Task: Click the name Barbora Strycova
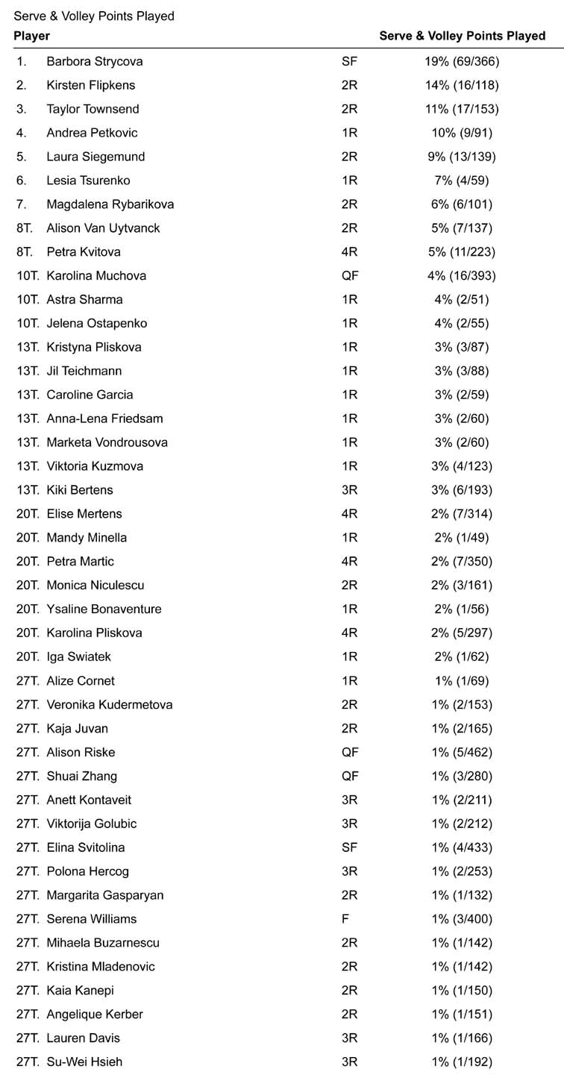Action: point(94,61)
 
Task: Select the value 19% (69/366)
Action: point(462,61)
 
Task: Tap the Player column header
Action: point(32,36)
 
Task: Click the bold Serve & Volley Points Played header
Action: point(462,36)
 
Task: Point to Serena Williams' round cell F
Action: point(345,919)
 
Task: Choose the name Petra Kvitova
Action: point(83,251)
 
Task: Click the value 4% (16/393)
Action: point(462,275)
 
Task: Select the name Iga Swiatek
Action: point(78,656)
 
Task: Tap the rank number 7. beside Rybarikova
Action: point(22,204)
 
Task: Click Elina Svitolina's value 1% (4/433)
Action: point(462,847)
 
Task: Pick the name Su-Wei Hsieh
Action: point(84,1062)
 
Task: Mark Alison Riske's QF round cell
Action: point(350,752)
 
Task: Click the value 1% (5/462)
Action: point(462,752)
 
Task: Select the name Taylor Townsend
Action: point(93,109)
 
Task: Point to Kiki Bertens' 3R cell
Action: point(349,490)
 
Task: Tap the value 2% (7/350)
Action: point(462,561)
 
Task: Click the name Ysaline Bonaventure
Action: point(104,609)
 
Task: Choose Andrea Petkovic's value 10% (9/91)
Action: point(462,133)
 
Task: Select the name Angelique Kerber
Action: point(95,1014)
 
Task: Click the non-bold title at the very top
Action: point(94,16)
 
